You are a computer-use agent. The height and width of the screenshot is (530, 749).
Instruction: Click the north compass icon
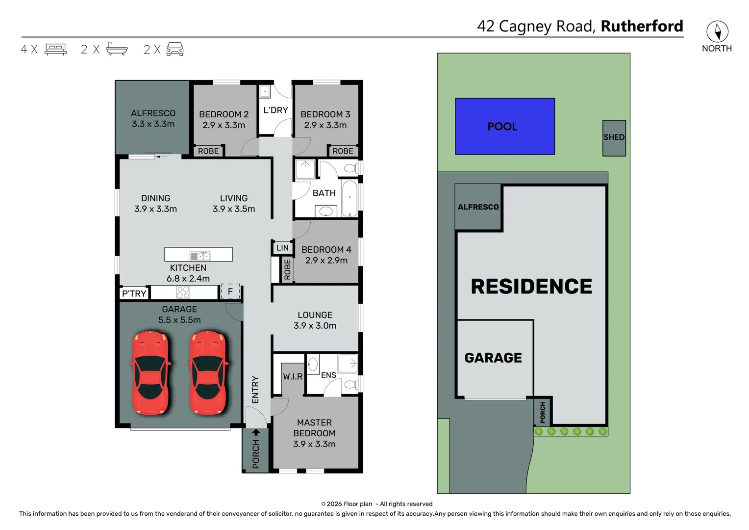(717, 31)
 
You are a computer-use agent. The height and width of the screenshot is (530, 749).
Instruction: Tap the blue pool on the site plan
(505, 127)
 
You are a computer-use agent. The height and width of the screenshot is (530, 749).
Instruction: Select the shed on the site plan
(614, 138)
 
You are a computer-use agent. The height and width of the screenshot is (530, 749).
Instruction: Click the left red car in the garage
(150, 373)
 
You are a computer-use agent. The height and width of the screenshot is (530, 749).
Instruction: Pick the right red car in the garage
(208, 373)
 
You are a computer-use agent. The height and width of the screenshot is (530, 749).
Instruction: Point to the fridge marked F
(230, 291)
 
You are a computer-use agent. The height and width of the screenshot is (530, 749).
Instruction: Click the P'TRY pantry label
(134, 293)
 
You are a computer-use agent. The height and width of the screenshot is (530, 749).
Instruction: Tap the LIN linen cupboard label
(282, 248)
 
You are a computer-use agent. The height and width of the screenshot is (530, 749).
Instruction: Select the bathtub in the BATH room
(350, 199)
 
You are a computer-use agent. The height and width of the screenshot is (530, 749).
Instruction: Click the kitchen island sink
(200, 256)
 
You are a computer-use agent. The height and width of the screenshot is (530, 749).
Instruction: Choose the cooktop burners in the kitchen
(183, 292)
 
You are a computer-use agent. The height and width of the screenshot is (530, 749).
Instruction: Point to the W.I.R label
(293, 376)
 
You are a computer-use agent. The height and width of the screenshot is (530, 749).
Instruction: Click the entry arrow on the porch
(256, 432)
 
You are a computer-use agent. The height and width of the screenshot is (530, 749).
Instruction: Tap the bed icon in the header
(55, 49)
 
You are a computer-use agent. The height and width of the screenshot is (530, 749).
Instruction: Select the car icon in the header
(175, 49)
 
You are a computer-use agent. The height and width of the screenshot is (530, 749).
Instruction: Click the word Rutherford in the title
(642, 26)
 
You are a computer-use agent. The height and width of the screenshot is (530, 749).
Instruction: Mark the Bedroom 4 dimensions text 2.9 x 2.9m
(326, 261)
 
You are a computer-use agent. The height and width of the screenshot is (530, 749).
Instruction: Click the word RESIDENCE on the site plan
(531, 287)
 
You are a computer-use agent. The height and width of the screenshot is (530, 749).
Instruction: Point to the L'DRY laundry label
(275, 110)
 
